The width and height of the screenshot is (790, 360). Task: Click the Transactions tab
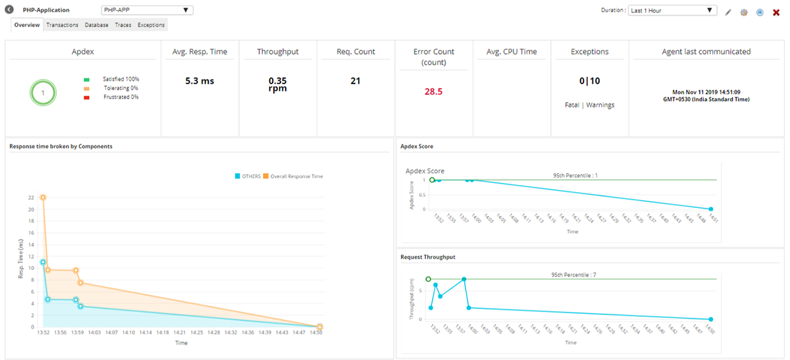click(62, 25)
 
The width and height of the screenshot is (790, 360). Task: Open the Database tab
click(97, 25)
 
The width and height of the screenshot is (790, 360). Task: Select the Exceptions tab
click(151, 25)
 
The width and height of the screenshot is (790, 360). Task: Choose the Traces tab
click(123, 25)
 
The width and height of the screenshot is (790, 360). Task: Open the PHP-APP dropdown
click(147, 11)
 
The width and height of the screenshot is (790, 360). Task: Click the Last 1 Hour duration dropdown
click(672, 11)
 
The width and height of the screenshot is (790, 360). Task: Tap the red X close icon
click(776, 12)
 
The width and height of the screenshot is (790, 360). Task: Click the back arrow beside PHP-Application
click(9, 11)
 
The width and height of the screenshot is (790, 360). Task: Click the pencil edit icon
click(728, 12)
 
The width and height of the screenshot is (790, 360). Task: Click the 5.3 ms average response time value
click(199, 81)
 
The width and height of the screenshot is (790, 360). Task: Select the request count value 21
click(355, 81)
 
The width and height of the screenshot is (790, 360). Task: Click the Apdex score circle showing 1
click(43, 93)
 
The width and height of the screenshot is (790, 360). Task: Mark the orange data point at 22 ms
click(43, 197)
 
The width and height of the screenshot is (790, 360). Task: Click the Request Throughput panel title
click(427, 257)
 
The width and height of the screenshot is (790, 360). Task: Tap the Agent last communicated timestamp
click(706, 95)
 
